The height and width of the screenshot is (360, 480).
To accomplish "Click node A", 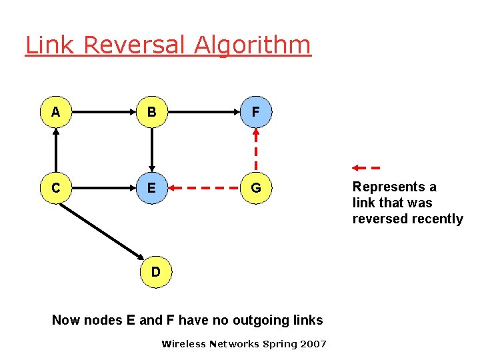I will [x=56, y=113].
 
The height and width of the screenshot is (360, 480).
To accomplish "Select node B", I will [x=152, y=113].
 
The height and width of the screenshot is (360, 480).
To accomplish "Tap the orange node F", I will [x=256, y=113].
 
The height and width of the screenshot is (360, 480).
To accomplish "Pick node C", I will [x=56, y=189].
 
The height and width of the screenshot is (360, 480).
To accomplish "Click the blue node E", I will [x=152, y=189].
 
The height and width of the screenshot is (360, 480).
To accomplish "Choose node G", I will [x=256, y=189].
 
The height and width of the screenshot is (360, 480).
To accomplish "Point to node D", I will [x=155, y=272].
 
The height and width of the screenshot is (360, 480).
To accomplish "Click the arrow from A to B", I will [x=104, y=113].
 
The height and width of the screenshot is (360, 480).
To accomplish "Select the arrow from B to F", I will [x=204, y=113].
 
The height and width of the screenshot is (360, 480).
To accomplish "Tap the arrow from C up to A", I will [x=56, y=151].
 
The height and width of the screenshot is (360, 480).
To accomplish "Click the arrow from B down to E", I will [x=152, y=151].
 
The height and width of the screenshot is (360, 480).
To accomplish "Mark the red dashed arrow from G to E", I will [x=204, y=189].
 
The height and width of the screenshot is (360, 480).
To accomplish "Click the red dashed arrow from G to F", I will [x=256, y=151].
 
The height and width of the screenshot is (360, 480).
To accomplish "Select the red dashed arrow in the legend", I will [x=366, y=167].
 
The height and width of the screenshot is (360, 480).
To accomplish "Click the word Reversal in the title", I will [x=136, y=45].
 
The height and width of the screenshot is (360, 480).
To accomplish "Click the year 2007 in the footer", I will [x=313, y=344].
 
